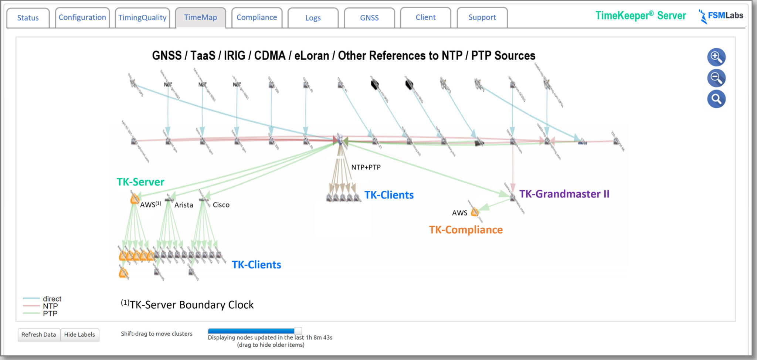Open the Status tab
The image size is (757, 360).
pos(28,18)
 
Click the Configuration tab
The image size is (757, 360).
pos(82,17)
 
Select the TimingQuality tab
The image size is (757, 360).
pos(142,18)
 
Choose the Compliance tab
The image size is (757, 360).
pos(257,17)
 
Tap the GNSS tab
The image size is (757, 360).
pos(369,18)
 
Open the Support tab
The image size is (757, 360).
pos(482,17)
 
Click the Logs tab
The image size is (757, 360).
pos(313,18)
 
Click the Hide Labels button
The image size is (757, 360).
pos(79,334)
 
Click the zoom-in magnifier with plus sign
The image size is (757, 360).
pos(716,57)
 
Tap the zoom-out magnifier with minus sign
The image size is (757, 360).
pos(716,78)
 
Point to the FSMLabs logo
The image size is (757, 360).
pos(721,16)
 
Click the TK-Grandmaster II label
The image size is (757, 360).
pos(564,194)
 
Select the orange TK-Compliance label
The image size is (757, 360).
pos(466,230)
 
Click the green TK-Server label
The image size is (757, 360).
pos(140,182)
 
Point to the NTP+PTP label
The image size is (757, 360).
pos(366,167)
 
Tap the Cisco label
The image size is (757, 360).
pos(221,205)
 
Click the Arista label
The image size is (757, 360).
pos(184,205)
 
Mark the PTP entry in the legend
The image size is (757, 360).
pos(50,313)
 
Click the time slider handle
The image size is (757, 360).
pos(298,331)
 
